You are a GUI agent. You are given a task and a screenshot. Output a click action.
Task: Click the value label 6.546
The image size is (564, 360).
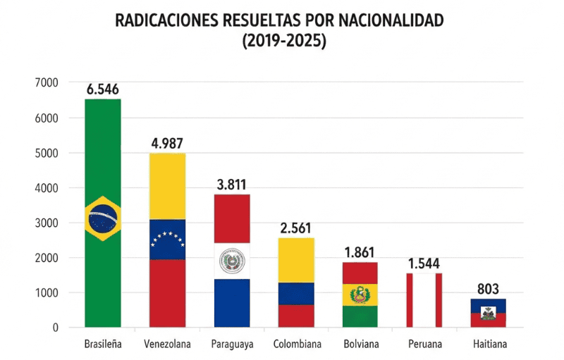pos(102,89)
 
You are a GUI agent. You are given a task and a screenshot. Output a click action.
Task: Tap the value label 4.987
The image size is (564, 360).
pos(168,144)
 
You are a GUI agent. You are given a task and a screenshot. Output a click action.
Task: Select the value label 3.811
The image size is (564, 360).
pos(232,185)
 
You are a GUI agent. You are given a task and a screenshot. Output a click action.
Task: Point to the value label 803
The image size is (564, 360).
pos(488,289)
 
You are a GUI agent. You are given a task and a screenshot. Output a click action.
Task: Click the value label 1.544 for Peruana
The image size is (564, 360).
pos(424,263)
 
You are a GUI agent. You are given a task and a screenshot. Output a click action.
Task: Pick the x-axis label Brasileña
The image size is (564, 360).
pos(103,345)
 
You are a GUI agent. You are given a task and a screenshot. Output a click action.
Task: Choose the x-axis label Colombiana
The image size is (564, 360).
pos(297,345)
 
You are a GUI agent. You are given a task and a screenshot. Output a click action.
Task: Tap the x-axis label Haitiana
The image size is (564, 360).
pos(488,345)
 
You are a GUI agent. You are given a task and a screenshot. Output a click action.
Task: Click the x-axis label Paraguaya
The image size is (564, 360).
pos(232,345)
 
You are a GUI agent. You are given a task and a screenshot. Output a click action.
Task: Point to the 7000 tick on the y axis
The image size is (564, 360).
pos(45,83)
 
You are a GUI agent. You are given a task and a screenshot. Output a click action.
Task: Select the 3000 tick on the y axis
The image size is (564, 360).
pos(45,223)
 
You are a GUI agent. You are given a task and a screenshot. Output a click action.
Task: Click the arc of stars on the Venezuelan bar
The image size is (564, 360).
pos(168,238)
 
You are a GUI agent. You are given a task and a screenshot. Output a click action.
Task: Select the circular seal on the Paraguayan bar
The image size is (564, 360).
pos(232,262)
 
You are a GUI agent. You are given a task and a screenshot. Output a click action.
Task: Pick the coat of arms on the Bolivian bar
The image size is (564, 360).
pos(360,294)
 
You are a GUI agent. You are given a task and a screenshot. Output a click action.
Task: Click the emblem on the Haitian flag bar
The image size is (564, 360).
pos(488,313)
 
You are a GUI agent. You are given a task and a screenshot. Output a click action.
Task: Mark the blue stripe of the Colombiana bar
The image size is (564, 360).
pos(297,293)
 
